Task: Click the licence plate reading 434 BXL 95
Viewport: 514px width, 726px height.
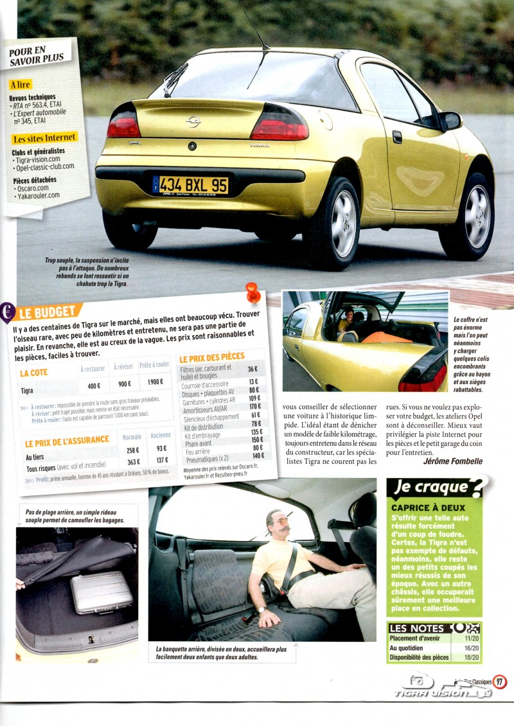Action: [191, 185]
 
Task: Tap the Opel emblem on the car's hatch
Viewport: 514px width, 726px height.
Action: [193, 121]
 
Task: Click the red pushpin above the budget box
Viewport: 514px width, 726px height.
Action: [253, 293]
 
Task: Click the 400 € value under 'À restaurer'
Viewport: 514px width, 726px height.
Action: [94, 386]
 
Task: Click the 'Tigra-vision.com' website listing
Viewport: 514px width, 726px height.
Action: [37, 159]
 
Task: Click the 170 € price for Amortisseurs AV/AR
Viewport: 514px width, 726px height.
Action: [254, 406]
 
